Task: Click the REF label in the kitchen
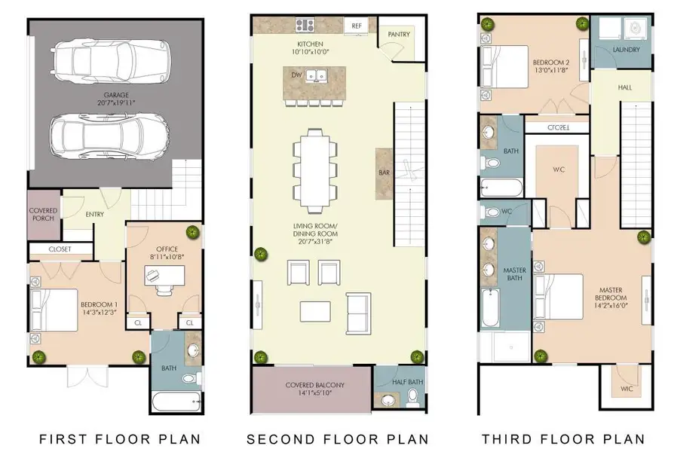pos(357,26)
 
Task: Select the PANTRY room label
pos(399,35)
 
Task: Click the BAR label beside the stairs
pos(384,173)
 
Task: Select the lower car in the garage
pos(110,135)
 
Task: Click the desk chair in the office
pos(162,289)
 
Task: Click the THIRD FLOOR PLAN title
pos(563,438)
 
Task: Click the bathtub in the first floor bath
pos(176,400)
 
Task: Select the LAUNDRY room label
pos(626,50)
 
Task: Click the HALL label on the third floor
pos(625,88)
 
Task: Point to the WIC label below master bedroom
pos(627,389)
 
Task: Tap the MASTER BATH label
pos(513,274)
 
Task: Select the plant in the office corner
pos(192,232)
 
